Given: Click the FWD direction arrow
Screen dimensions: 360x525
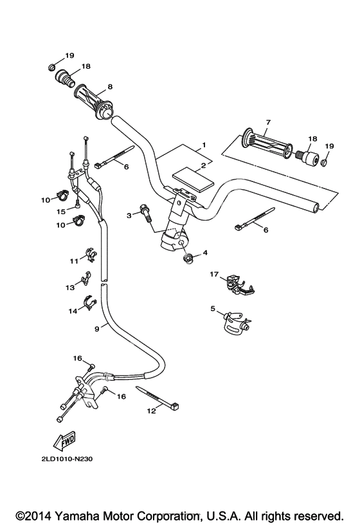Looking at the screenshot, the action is click(x=64, y=441).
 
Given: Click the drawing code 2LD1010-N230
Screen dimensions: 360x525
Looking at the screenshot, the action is click(x=67, y=459).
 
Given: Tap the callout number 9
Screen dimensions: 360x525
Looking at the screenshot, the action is click(x=96, y=329).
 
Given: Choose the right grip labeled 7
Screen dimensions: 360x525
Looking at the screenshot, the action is click(x=267, y=145).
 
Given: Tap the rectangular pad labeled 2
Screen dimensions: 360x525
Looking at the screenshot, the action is click(x=192, y=180).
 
